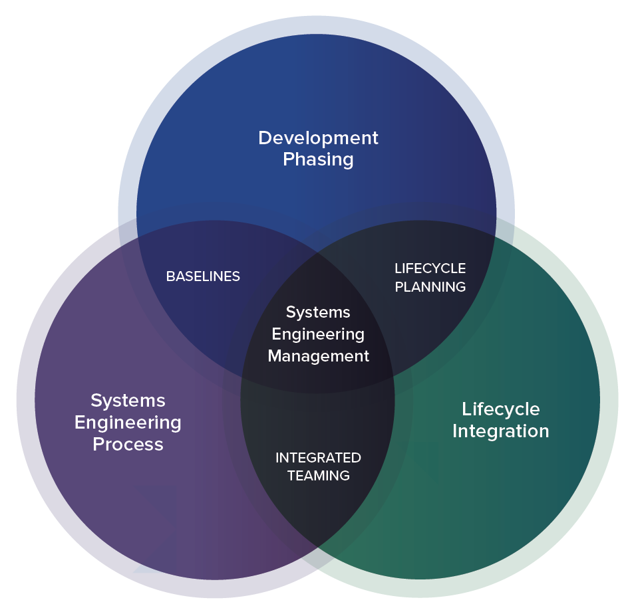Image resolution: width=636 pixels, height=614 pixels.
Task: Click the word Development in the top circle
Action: [318, 138]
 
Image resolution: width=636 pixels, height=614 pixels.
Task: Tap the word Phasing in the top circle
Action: [318, 160]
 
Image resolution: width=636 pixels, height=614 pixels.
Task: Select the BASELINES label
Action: [203, 276]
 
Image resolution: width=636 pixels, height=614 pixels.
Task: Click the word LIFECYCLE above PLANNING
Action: [430, 268]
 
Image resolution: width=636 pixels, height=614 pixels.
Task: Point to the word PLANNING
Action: [430, 287]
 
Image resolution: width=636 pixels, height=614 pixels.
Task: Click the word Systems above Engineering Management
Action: [318, 312]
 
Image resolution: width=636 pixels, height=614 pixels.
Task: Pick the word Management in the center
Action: [318, 356]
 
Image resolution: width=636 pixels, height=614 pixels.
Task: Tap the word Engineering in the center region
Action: [318, 334]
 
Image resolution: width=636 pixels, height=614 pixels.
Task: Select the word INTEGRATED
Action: [318, 458]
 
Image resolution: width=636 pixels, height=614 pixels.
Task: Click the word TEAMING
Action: [318, 476]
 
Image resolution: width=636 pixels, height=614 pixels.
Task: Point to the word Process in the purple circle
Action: [128, 445]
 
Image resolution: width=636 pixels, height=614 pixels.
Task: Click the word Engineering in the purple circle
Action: [128, 423]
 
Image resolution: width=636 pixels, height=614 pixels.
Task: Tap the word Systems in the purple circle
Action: [128, 401]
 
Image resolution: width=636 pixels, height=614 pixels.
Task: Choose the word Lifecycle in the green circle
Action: [501, 409]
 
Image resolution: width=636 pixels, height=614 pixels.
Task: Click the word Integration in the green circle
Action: [501, 431]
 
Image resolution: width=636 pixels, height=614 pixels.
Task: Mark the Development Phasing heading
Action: [318, 149]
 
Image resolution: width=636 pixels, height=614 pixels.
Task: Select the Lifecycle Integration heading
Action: [501, 420]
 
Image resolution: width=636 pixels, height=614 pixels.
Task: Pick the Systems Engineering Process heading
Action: [128, 423]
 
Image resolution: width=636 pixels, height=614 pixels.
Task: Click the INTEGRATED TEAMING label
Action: [318, 466]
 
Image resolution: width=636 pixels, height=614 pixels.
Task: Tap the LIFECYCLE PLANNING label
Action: [430, 278]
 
